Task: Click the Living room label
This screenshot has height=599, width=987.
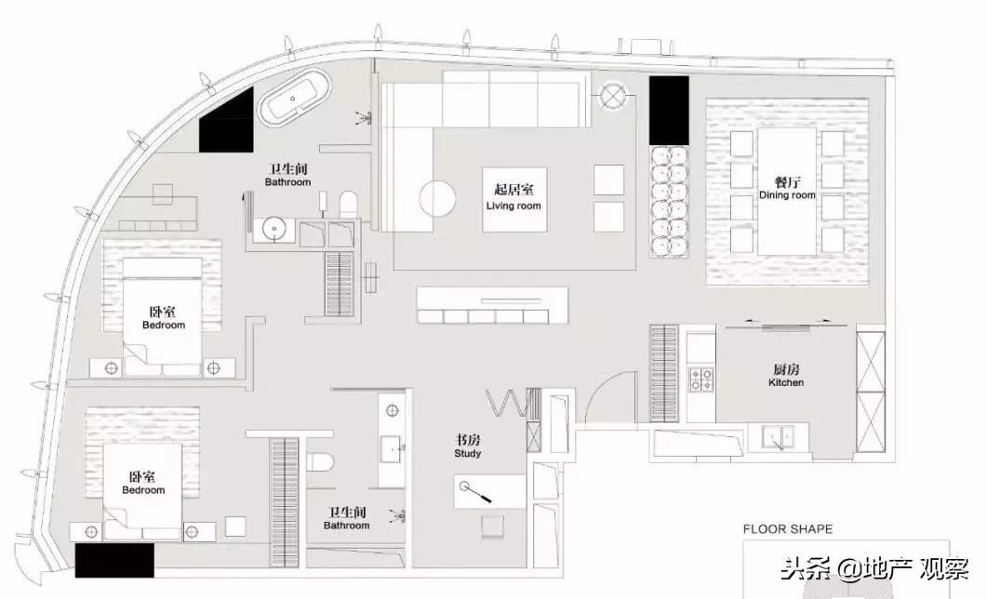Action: (514, 206)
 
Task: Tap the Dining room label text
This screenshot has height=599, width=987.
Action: (787, 195)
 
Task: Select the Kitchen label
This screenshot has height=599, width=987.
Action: (786, 382)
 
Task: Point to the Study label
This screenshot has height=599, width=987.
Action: (468, 453)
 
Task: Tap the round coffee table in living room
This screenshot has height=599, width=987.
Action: (437, 198)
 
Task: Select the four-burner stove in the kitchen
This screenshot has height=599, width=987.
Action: (701, 379)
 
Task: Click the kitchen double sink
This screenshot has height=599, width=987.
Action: (778, 436)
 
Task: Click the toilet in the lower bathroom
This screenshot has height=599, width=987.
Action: (320, 462)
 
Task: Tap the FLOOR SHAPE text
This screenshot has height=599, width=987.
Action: (787, 529)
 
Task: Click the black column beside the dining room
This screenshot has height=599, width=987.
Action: (669, 111)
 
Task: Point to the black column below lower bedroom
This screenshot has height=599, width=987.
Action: (114, 561)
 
